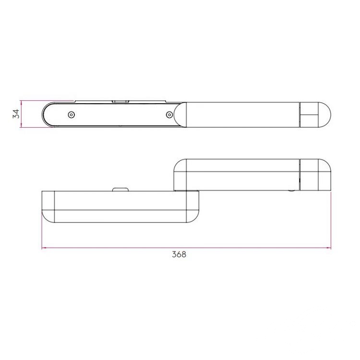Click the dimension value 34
[16, 114]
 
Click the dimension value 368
[179, 254]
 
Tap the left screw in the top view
[72, 115]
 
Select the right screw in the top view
[169, 114]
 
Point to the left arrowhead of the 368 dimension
[44, 248]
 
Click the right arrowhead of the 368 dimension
[328, 248]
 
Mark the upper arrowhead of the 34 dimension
[21, 103]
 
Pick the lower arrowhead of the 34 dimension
[21, 125]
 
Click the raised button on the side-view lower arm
[120, 190]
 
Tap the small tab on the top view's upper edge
[120, 101]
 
